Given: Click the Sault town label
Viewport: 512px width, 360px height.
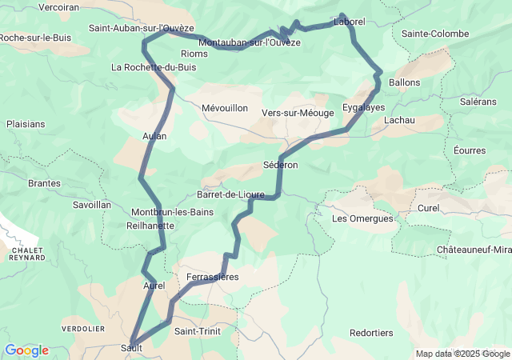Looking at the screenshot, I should point(131,347).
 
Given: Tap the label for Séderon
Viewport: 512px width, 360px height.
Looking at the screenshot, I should point(280,165).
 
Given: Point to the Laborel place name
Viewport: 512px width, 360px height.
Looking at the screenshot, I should point(349,22).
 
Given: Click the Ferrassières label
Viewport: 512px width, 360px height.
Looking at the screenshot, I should point(212,278).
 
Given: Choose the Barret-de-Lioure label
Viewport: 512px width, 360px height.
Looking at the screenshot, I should point(230,194).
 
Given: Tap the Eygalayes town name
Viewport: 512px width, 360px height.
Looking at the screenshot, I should point(363,106).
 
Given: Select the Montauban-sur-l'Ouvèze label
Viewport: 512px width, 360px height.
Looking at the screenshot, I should point(249,42).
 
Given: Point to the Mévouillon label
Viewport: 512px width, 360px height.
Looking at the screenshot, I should point(225,108).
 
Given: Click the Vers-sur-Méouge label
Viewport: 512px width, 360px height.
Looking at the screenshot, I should point(298,113).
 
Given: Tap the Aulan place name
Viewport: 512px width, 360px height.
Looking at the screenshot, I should point(154,136).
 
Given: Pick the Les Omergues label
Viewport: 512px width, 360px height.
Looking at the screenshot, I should point(362,218).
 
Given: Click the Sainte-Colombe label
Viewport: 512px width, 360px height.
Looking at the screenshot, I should point(435,34).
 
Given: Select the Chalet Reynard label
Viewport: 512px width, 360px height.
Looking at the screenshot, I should point(27,254).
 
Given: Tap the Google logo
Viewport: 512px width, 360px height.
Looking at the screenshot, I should point(26,350).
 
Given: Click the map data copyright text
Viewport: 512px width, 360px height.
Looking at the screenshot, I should point(463,354).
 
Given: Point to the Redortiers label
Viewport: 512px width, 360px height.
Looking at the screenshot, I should point(371,333).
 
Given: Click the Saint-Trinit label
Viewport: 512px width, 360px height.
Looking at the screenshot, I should point(197,331).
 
